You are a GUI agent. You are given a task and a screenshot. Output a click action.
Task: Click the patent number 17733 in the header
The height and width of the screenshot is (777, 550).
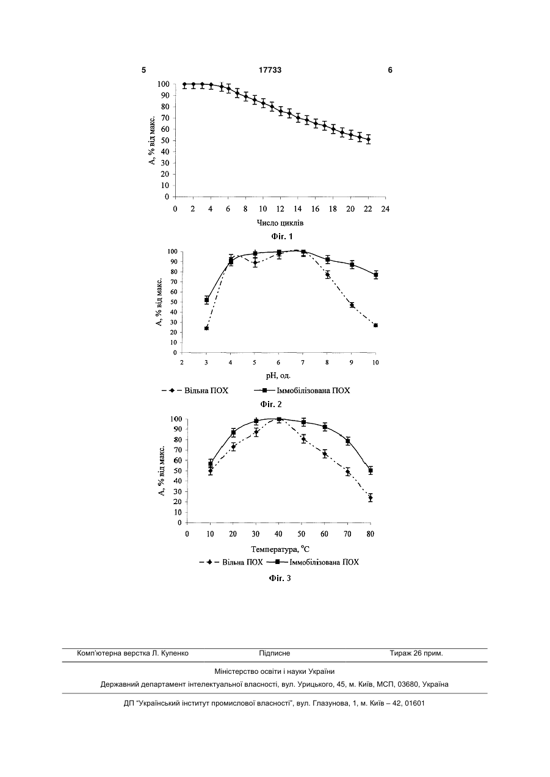point(270,70)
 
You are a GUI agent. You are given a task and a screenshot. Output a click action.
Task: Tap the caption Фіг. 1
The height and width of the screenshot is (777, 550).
point(282,237)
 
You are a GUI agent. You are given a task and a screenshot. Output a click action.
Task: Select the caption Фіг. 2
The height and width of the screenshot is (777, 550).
point(271,404)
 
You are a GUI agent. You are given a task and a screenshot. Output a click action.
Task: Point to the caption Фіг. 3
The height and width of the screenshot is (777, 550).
point(280,578)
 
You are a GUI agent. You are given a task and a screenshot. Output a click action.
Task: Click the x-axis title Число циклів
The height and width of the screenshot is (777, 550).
point(280,223)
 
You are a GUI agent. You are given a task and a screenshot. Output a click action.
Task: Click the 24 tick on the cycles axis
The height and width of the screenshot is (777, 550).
point(385,209)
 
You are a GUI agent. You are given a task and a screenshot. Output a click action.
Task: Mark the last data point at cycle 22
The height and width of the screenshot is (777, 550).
point(368,139)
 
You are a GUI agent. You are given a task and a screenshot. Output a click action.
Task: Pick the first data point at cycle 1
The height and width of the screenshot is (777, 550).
point(184,84)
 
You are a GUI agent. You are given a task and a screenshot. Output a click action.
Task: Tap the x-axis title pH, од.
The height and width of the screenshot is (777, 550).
point(278,375)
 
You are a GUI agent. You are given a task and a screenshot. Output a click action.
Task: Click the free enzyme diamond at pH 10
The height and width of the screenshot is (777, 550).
point(375,325)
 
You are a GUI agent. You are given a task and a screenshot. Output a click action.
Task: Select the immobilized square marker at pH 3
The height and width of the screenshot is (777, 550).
point(206,300)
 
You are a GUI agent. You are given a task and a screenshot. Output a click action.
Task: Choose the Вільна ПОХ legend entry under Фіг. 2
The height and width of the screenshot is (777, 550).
point(195,391)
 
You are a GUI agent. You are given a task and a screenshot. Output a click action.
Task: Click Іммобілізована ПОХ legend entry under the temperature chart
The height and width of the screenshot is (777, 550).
point(313,562)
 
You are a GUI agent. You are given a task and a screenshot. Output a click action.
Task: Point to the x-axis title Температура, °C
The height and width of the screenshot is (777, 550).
point(280,549)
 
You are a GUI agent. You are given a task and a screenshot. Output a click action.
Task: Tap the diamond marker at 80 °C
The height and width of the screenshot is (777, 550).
point(371,498)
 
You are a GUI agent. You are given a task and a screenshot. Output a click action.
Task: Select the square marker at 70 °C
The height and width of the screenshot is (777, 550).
point(348,441)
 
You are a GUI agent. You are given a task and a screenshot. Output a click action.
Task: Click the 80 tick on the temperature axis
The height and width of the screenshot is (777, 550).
point(371,534)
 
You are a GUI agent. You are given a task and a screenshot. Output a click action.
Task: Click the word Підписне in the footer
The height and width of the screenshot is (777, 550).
point(275,654)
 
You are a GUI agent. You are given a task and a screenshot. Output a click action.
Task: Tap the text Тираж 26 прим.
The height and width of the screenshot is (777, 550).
point(416,654)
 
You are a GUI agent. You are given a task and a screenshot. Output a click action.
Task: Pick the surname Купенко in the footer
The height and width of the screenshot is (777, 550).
point(175,654)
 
